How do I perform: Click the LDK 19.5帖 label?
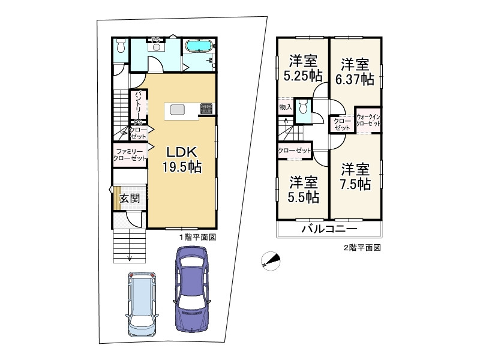click(x=182, y=160)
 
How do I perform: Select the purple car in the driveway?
click(x=191, y=289)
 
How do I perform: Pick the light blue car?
click(x=142, y=304)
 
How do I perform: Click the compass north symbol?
click(x=271, y=261)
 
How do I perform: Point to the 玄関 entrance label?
click(x=130, y=199)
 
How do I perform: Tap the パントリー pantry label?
click(x=139, y=104)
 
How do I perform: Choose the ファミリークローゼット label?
click(x=130, y=155)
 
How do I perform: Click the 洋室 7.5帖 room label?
click(x=355, y=176)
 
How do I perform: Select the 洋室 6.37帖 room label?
click(x=355, y=72)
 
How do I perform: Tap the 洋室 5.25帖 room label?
click(x=303, y=68)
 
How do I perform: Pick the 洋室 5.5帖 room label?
click(x=304, y=190)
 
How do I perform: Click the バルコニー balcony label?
click(x=329, y=229)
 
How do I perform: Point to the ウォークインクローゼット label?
click(x=368, y=121)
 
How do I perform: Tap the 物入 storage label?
click(x=286, y=107)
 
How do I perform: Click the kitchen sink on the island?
click(x=177, y=109)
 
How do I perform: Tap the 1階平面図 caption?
click(x=198, y=237)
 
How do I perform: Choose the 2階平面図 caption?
click(x=362, y=248)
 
